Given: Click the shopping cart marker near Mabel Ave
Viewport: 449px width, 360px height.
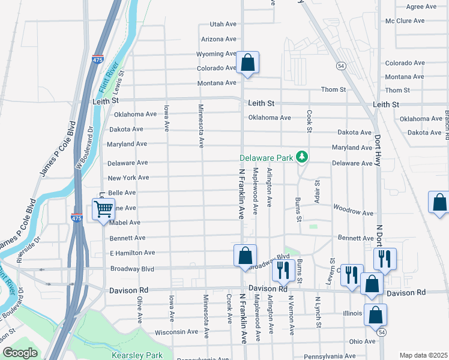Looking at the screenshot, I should [x=103, y=210].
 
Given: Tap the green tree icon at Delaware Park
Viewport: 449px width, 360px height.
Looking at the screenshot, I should [x=303, y=158].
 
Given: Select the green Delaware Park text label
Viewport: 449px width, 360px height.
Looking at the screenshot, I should [x=266, y=158].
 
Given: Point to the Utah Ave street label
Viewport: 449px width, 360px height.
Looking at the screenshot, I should [x=223, y=24].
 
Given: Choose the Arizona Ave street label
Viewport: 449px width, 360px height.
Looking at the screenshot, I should [x=219, y=39].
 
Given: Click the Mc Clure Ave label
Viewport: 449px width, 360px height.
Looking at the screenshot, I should [x=405, y=21].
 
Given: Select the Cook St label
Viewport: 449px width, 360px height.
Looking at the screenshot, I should [x=310, y=121].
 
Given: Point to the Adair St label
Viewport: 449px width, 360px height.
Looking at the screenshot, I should [x=317, y=190].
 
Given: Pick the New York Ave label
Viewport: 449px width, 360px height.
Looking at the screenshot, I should [x=128, y=178].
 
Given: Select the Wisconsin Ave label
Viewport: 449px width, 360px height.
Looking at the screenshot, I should [x=176, y=331].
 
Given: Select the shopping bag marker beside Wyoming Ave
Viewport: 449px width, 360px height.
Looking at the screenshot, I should [x=247, y=62].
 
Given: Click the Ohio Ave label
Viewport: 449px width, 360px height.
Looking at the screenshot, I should [x=362, y=341].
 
